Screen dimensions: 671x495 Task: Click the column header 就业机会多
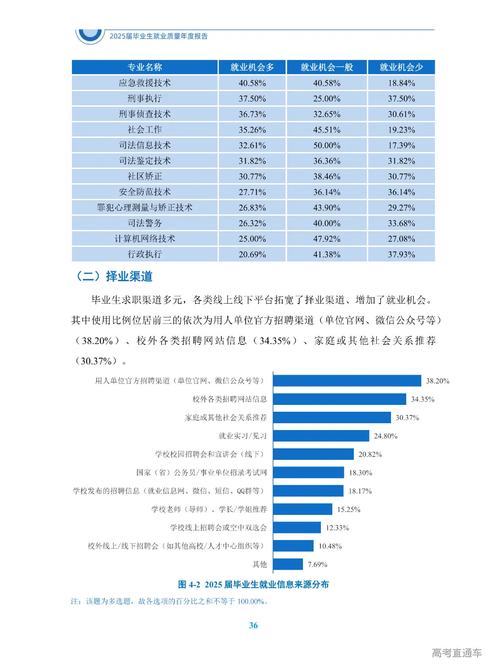[252, 67]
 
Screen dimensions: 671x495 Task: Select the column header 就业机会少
[401, 67]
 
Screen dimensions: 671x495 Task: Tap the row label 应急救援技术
[144, 83]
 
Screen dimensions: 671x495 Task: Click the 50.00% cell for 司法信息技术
[326, 145]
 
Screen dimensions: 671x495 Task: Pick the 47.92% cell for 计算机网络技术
[326, 239]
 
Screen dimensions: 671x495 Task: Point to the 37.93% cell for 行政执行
[401, 254]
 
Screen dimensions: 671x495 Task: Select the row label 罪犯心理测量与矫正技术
[144, 207]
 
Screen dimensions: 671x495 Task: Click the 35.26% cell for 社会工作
[252, 130]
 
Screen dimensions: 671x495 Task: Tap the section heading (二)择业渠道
[113, 276]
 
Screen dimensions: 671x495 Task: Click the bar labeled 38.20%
[347, 381]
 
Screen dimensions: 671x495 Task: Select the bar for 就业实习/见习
[321, 436]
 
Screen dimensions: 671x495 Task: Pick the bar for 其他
[288, 564]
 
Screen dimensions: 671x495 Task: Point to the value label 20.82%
[370, 454]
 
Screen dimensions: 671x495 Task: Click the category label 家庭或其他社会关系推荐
[225, 417]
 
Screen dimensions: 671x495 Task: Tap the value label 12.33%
[337, 528]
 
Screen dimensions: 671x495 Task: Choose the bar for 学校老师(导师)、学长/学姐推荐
[302, 509]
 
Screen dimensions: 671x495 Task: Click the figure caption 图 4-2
[253, 584]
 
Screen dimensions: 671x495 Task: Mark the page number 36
[253, 625]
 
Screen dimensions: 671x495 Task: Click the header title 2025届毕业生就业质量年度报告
[158, 36]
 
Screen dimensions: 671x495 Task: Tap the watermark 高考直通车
[456, 653]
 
